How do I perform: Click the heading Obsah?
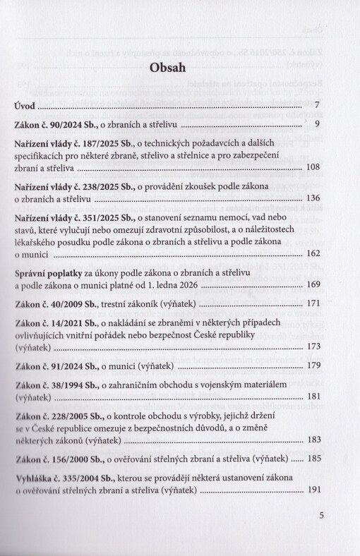coord(167,68)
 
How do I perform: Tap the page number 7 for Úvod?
coord(318,107)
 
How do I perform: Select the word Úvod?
coord(25,107)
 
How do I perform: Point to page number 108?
coord(314,169)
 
